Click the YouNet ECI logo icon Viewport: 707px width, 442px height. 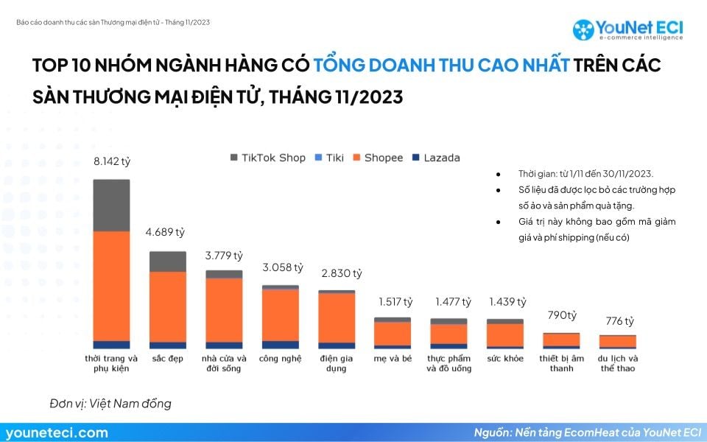(x=583, y=29)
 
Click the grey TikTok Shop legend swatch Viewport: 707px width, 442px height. (x=234, y=158)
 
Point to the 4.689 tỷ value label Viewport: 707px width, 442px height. (x=168, y=232)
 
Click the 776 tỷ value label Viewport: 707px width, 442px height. (x=619, y=320)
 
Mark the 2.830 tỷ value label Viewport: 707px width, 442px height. (x=342, y=273)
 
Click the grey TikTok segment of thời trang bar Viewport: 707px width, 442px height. (x=111, y=205)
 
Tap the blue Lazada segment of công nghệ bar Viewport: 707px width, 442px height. (x=281, y=344)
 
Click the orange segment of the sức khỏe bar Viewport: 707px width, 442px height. (x=505, y=335)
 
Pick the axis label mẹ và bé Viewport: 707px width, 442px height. (x=393, y=359)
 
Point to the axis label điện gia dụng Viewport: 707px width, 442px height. (x=337, y=363)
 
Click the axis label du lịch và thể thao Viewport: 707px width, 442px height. (x=618, y=363)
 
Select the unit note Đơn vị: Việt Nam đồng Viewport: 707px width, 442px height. (x=110, y=403)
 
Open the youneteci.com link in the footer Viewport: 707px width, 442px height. (x=57, y=432)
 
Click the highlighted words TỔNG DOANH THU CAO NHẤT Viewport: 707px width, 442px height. (x=442, y=65)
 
